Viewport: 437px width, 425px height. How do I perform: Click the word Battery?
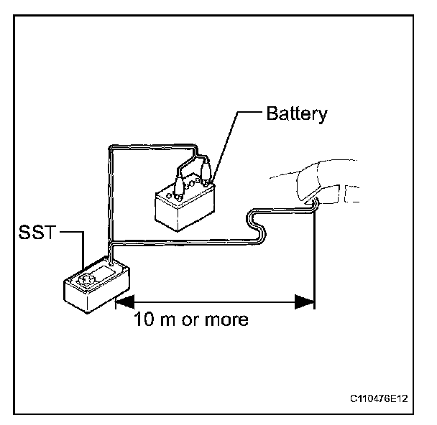tap(296, 113)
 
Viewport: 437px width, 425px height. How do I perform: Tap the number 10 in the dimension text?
tap(143, 319)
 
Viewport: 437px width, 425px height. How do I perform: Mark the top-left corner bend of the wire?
tap(109, 148)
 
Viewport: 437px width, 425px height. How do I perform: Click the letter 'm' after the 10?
tap(165, 319)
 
